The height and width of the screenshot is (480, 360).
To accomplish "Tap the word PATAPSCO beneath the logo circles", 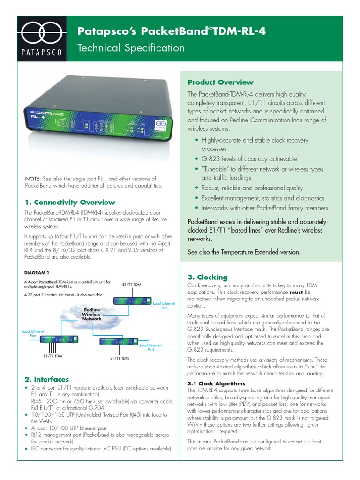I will tap(43, 52).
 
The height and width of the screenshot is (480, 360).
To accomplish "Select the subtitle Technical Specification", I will tap(131, 48).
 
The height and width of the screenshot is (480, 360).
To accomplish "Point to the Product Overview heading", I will tap(220, 82).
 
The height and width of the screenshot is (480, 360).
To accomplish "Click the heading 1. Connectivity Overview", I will tap(69, 202).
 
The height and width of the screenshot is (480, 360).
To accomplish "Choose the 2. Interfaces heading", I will tap(46, 379).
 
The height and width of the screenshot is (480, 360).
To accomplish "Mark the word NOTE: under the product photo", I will tap(33, 179).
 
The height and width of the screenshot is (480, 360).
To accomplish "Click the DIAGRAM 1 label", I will tap(37, 272).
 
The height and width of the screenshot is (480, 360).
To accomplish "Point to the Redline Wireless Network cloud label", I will tap(92, 314).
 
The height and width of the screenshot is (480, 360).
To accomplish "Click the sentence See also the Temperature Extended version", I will tap(243, 252).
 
